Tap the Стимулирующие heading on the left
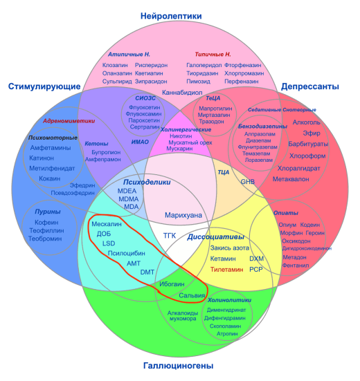pos(43,86)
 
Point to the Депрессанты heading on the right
pos(309,86)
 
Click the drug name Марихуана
pos(184,215)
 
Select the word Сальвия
pos(192,295)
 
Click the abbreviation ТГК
pos(170,236)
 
